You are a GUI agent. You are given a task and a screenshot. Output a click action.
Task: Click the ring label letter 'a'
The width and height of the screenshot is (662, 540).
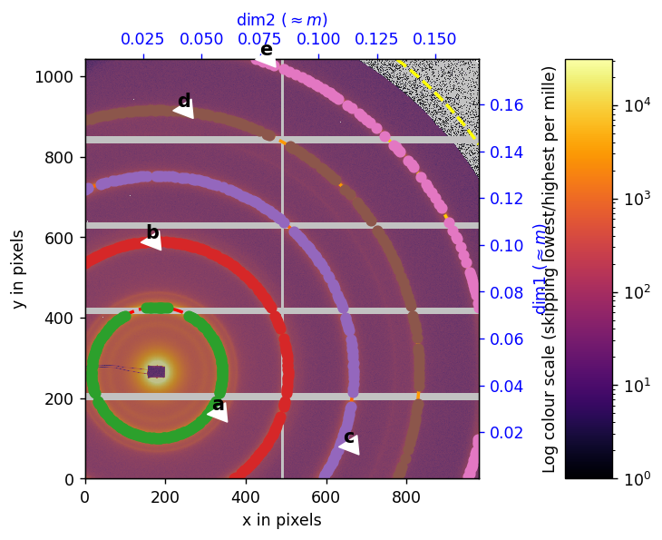point(218,404)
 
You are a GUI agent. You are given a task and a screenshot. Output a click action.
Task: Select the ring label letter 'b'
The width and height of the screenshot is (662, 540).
point(152,233)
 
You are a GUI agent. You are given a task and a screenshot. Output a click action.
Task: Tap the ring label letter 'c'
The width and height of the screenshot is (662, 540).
point(349,437)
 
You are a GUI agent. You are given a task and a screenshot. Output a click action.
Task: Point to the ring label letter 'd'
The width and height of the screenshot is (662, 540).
point(184,102)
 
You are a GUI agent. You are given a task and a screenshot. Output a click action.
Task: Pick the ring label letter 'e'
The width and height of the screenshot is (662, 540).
point(266,50)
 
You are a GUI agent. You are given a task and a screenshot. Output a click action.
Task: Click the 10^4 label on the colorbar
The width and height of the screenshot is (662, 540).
point(635,106)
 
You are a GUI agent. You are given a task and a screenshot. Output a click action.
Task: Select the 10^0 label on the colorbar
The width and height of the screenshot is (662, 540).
point(635,478)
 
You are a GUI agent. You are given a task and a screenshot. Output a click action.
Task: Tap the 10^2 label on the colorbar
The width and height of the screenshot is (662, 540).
point(635,292)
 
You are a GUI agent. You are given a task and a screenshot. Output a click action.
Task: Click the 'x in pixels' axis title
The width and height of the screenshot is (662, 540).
point(281,520)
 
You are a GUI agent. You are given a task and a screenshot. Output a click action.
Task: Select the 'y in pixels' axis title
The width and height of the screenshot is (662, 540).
point(18,269)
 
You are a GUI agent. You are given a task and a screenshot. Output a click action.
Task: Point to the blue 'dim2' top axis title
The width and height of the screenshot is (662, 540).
point(282,20)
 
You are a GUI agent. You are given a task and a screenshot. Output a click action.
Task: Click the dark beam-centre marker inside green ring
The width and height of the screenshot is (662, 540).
point(156,371)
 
